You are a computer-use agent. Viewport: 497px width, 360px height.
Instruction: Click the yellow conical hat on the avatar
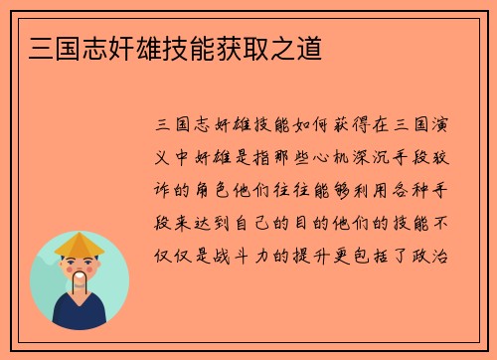[x=79, y=245]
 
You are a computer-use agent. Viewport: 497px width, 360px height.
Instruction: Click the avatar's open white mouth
[x=79, y=274]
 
